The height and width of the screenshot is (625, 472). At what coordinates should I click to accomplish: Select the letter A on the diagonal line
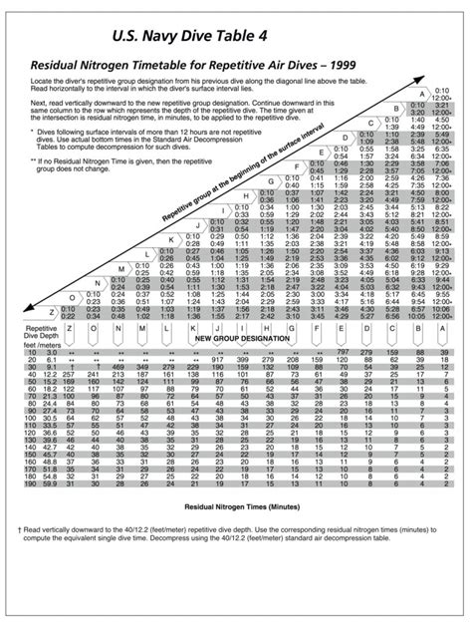pyautogui.click(x=422, y=93)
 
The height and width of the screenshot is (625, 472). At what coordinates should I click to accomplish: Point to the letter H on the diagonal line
pyautogui.click(x=244, y=198)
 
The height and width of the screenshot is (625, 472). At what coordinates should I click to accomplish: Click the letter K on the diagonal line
pyautogui.click(x=170, y=240)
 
